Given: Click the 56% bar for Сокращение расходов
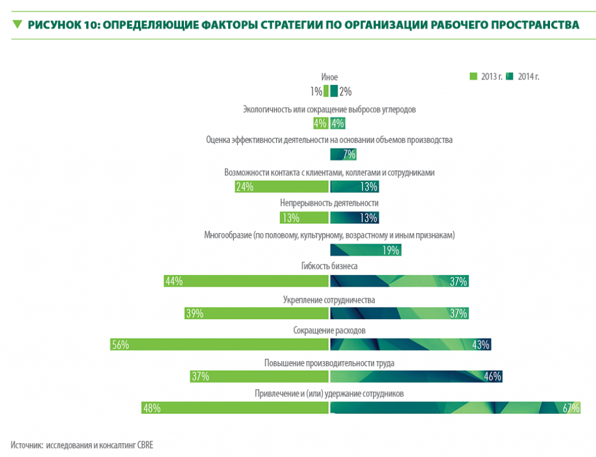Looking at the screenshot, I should [x=220, y=344].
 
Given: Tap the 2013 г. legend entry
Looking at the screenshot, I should [x=486, y=76].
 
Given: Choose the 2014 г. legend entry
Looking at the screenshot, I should [x=523, y=76].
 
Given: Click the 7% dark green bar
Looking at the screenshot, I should [x=343, y=154].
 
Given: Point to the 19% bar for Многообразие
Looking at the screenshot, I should [x=366, y=250].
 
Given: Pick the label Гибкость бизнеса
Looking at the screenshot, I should [x=329, y=266].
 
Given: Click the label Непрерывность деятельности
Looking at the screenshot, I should [x=329, y=203].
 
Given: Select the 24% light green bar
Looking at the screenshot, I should [x=282, y=187].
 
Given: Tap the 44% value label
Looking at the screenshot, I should [x=174, y=281].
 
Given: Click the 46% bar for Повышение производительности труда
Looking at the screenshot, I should [x=416, y=376].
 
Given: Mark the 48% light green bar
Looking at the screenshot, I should [x=235, y=408].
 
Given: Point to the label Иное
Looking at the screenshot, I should [x=329, y=77].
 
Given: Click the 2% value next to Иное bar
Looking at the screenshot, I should [x=345, y=91].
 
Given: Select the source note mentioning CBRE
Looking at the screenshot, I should [x=81, y=444].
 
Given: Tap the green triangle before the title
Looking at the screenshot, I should [x=17, y=24].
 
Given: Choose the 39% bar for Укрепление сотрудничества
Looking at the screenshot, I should [x=257, y=313].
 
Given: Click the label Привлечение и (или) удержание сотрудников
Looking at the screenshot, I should [x=329, y=394].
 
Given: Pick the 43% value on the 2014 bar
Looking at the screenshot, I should [x=480, y=345].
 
